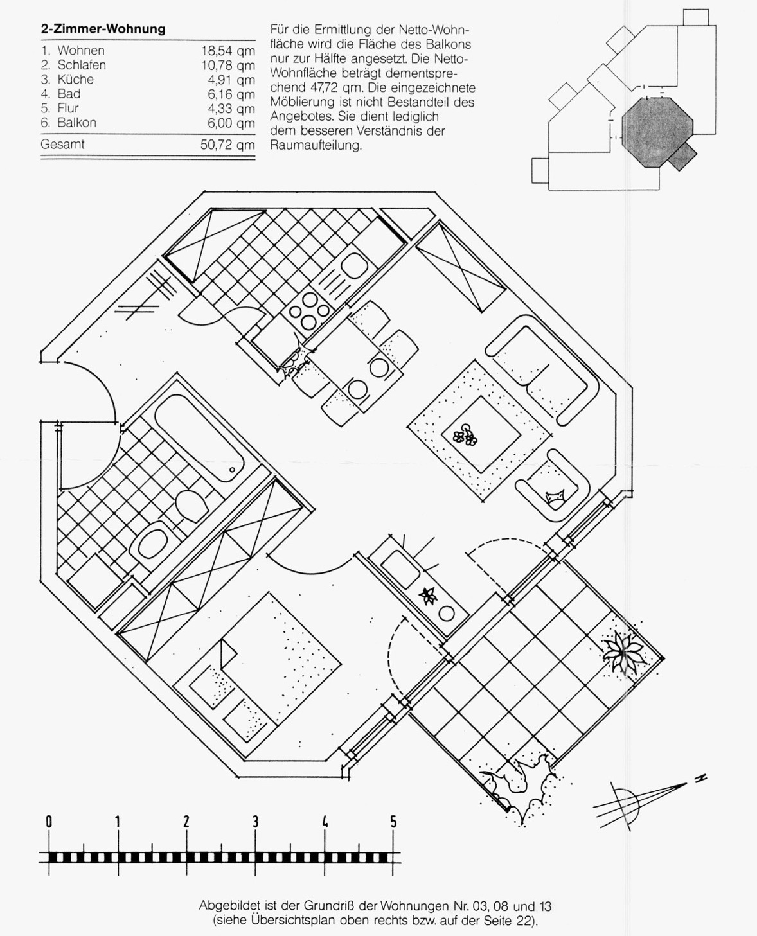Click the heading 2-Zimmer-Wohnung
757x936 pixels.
[x=103, y=29]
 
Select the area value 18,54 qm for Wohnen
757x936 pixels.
[x=228, y=51]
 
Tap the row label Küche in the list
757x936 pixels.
[x=76, y=80]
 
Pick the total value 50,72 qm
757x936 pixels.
[x=227, y=145]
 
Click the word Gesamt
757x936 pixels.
[x=62, y=144]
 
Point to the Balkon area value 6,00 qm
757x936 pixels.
[x=231, y=123]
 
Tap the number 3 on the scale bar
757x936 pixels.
[x=255, y=822]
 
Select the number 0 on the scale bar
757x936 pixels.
[x=49, y=822]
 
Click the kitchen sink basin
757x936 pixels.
[x=354, y=265]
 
